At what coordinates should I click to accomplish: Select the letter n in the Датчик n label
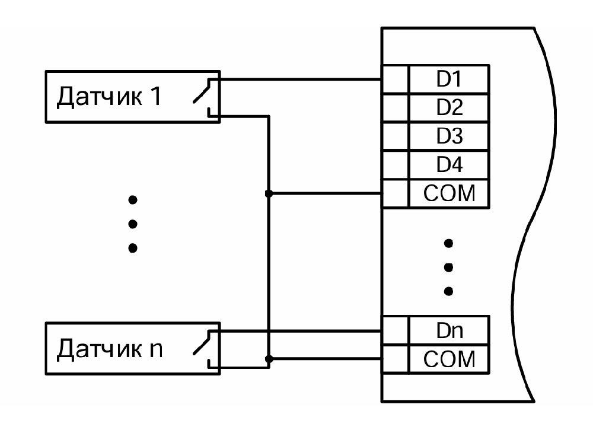click(155, 350)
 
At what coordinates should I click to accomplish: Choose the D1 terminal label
click(449, 79)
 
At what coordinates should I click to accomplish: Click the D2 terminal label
click(449, 108)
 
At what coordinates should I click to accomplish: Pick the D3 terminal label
click(449, 136)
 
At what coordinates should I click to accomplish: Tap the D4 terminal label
click(449, 164)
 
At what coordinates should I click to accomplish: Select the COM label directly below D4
click(449, 193)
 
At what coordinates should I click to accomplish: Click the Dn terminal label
click(449, 331)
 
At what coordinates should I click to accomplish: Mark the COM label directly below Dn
click(449, 359)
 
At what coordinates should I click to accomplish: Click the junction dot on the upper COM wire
click(269, 193)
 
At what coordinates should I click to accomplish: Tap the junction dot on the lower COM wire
click(269, 359)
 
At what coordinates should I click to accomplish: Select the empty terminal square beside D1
click(395, 79)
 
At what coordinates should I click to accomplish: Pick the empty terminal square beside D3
click(395, 136)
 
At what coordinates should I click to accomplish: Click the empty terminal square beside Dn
click(395, 331)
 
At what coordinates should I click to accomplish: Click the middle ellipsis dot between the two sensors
click(133, 224)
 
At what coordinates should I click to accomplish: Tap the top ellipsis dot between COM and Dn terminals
click(449, 243)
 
